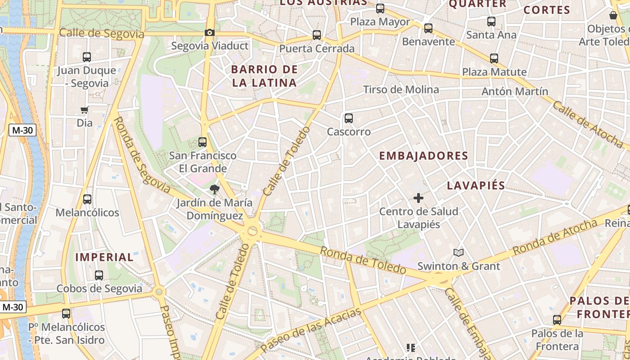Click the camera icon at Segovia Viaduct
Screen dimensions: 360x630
(209, 32)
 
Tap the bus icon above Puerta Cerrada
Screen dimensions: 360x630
(317, 35)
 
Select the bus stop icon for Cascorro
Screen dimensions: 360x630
(348, 118)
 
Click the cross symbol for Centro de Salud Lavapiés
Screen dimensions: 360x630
(418, 198)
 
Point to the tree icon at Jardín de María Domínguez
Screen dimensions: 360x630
(214, 189)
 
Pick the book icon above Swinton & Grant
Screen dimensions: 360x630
(458, 252)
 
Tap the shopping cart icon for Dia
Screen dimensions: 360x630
(84, 110)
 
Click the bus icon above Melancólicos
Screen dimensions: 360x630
(87, 199)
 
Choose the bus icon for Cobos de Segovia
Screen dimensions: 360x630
(99, 275)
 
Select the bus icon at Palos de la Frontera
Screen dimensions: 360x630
(557, 320)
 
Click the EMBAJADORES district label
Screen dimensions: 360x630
(423, 156)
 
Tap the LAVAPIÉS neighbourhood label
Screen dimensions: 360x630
(476, 185)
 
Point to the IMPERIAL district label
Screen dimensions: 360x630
(104, 257)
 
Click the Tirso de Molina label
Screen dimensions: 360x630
(401, 90)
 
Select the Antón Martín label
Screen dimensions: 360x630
(515, 91)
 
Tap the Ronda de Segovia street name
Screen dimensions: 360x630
(142, 155)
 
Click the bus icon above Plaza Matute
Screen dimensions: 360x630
(494, 58)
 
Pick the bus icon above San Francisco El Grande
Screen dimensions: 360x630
(202, 142)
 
